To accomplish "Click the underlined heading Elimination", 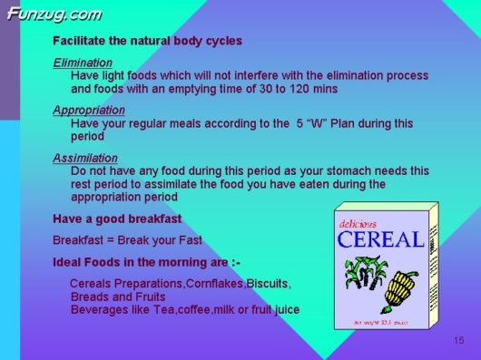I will point(83,63).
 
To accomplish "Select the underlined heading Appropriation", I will point(89,110).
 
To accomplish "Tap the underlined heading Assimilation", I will point(85,158).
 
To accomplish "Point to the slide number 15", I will point(458,340).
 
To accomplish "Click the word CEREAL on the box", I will point(379,239).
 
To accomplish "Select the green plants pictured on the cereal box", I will point(361,274).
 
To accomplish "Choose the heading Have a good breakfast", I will point(117,219).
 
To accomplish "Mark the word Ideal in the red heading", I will point(71,262).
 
